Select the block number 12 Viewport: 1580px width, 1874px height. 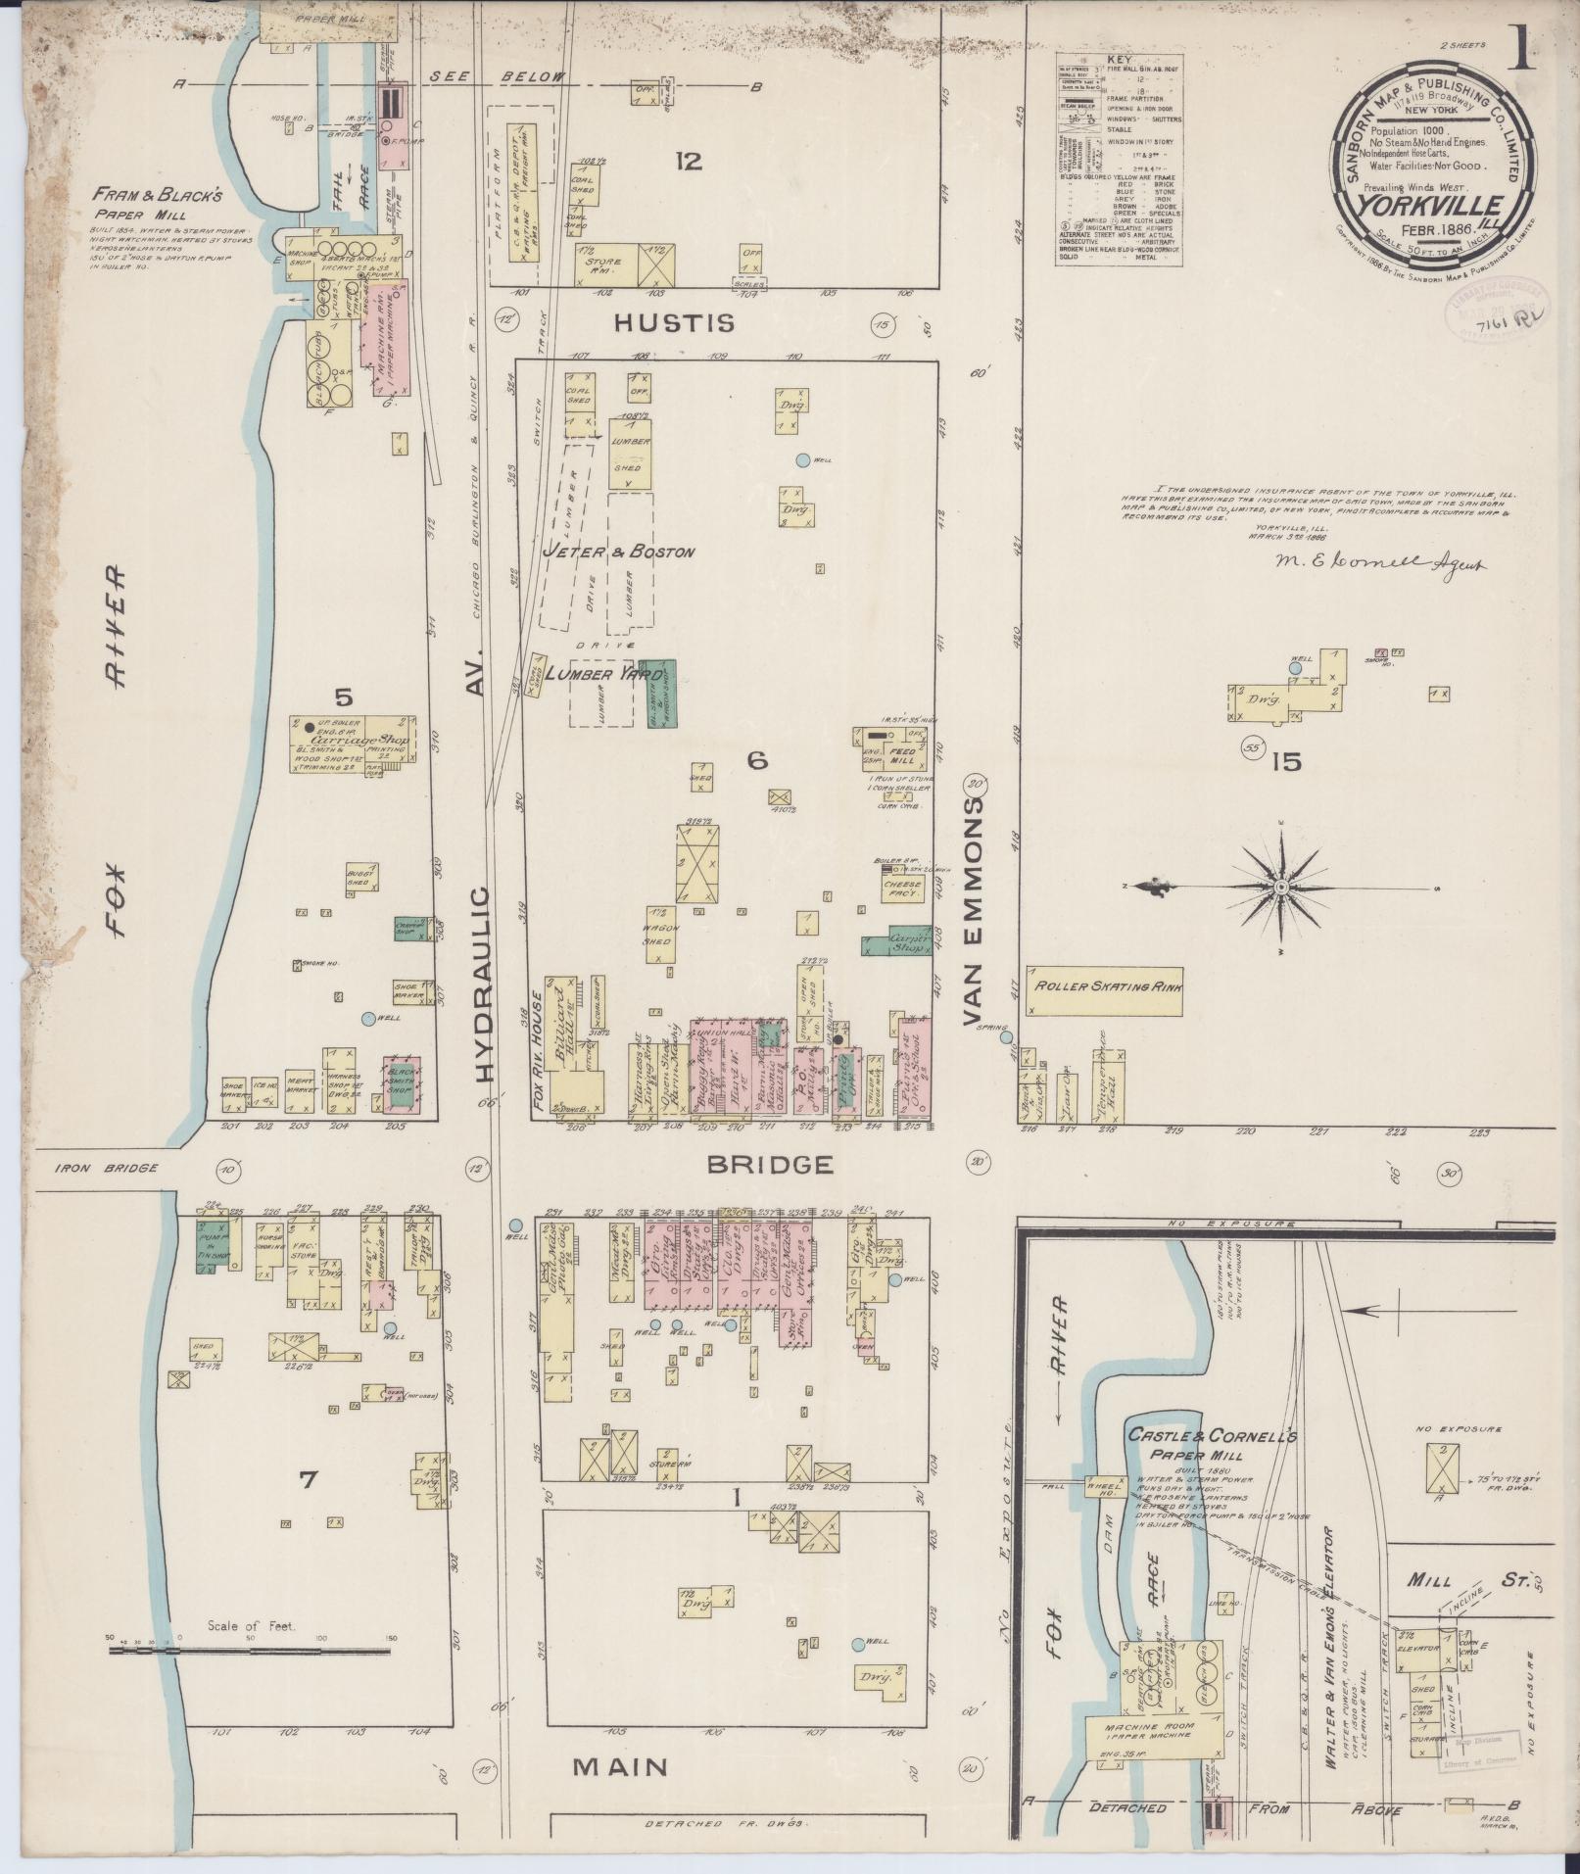click(688, 162)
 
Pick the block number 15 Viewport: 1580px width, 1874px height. click(1286, 761)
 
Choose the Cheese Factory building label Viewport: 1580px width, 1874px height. click(904, 884)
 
